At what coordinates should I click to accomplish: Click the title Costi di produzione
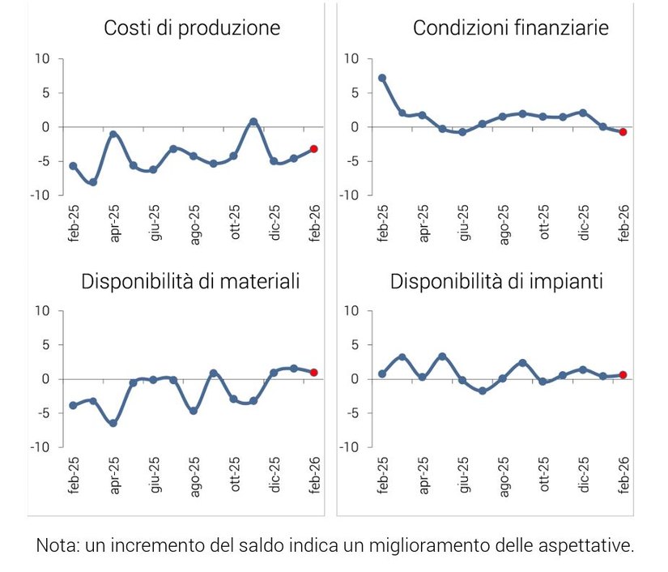point(192,28)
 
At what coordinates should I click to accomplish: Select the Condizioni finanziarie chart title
point(511,28)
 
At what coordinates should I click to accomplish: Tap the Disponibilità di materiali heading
point(190,282)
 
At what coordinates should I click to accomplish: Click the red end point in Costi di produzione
point(313,149)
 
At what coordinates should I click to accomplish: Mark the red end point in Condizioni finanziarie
point(623,132)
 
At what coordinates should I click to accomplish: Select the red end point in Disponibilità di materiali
point(313,373)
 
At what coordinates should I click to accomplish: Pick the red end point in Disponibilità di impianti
point(623,374)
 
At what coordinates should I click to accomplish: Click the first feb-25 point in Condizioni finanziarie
point(382,78)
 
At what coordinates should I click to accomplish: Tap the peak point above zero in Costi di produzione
point(253,122)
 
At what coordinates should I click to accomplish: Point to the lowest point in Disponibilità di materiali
point(113,423)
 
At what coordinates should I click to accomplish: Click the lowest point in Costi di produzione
point(93,182)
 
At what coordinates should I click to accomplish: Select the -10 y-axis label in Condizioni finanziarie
point(349,195)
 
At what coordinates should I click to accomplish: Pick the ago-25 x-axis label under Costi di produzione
point(194,224)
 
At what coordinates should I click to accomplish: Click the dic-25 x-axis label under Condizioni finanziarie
point(584,224)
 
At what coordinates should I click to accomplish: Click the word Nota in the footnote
point(54,545)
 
